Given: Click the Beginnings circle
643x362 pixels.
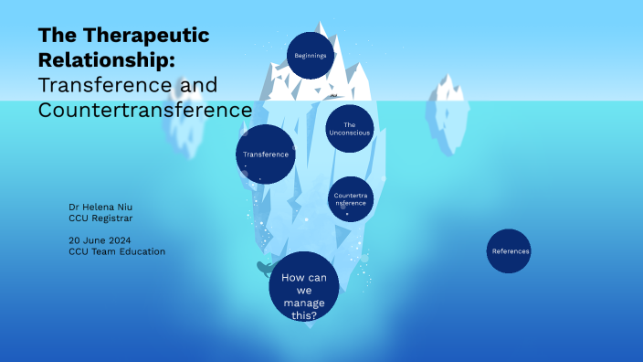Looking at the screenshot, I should coord(311,56).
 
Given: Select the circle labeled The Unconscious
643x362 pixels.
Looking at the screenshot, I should coord(349,128).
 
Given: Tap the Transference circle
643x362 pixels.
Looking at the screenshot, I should coord(266,154).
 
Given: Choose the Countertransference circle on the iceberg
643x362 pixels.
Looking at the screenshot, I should coord(351,199).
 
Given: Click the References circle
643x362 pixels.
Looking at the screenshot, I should coord(509,250).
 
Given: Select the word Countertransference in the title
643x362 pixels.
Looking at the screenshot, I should coord(145,110).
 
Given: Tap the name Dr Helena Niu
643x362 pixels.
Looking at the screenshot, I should coord(100,207).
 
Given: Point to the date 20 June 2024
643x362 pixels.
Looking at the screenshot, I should coord(106,240).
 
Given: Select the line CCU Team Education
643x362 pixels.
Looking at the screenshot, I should coord(117,251).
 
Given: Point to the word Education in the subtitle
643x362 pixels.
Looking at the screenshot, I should coord(142,251).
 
